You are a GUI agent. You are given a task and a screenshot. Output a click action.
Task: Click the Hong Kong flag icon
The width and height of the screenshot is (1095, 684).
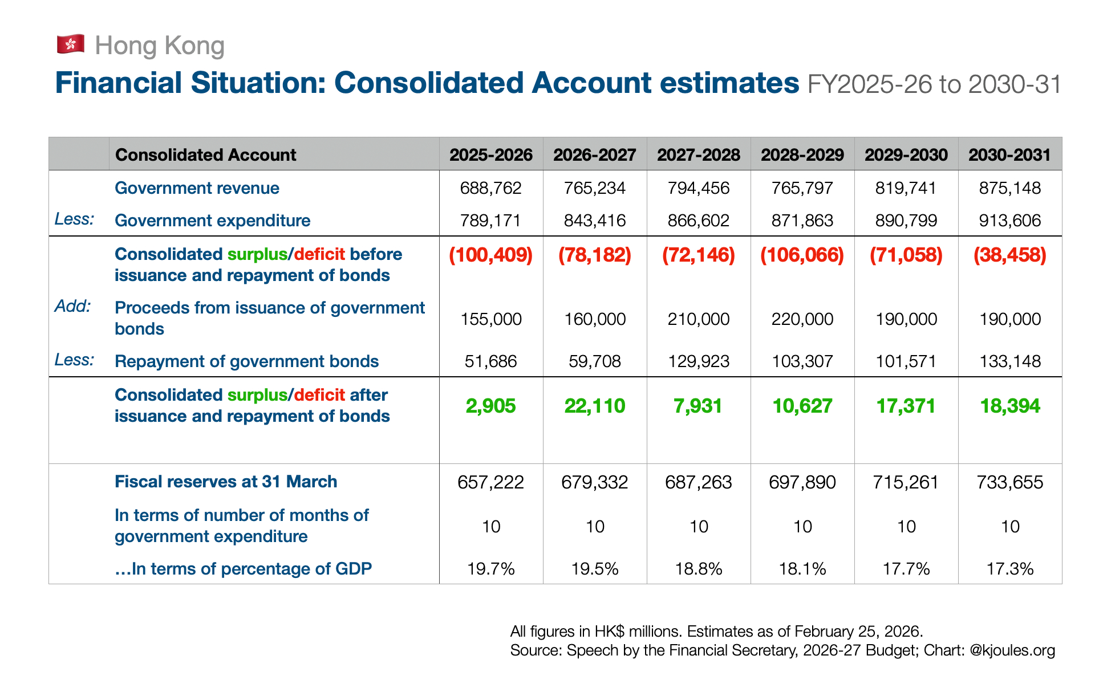click(x=71, y=44)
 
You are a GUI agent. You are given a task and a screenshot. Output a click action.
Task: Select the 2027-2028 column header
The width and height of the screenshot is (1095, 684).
click(x=699, y=154)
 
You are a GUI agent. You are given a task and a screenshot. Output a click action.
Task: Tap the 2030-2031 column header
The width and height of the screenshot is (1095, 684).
click(x=1009, y=154)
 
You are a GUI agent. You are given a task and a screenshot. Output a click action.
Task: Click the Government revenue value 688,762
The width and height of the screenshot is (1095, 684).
click(x=491, y=188)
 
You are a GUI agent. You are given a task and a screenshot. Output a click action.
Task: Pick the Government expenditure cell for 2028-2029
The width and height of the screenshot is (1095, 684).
click(x=802, y=221)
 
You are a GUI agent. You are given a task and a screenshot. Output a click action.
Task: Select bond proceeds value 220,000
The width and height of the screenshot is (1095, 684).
click(x=802, y=319)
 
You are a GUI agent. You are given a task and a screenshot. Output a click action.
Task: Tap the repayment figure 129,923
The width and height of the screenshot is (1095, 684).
click(x=699, y=361)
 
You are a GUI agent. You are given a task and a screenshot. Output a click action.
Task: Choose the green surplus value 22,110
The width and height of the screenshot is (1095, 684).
click(x=595, y=406)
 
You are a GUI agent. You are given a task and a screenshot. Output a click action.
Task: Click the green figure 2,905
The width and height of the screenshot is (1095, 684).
click(x=491, y=406)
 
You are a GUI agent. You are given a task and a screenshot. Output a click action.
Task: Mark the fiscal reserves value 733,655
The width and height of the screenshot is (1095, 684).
click(x=1010, y=482)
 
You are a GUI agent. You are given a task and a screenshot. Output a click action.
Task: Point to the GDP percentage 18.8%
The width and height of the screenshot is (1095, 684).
click(x=699, y=569)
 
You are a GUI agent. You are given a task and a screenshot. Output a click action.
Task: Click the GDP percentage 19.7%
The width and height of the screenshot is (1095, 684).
click(x=491, y=569)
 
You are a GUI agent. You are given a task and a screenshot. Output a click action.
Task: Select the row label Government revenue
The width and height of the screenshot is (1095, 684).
click(x=197, y=188)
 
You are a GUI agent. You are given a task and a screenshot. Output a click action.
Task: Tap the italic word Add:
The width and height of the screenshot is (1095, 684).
click(x=72, y=306)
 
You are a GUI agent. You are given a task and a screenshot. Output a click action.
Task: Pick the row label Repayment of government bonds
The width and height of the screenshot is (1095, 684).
click(x=246, y=361)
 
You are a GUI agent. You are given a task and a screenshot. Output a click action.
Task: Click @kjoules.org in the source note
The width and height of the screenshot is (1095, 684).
click(x=1012, y=650)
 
